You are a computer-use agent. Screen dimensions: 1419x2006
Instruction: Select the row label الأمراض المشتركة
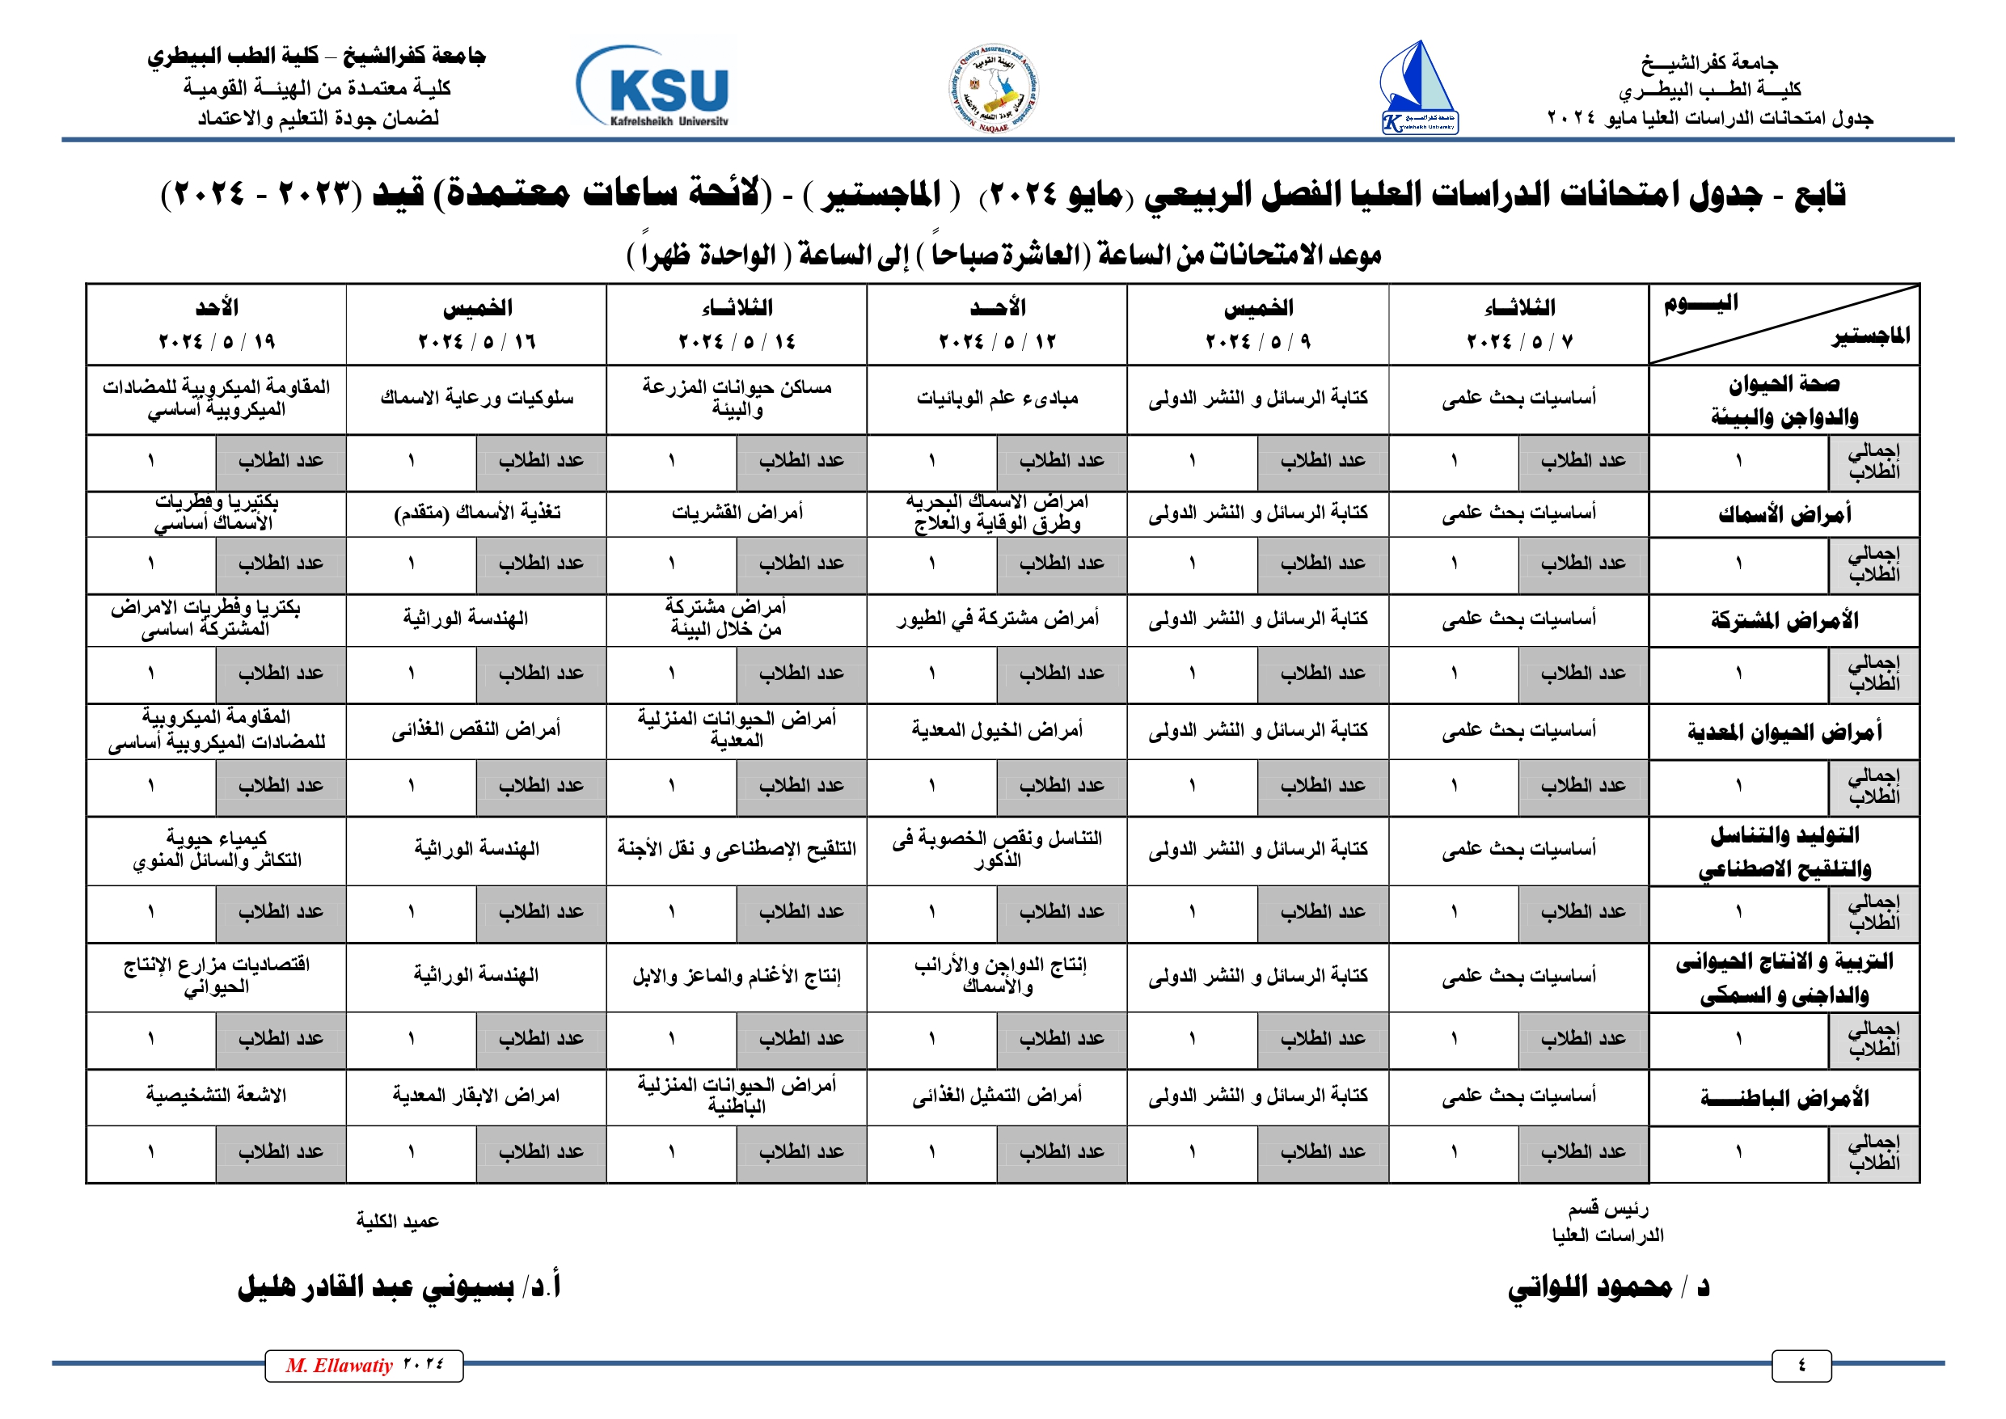[x=1784, y=620]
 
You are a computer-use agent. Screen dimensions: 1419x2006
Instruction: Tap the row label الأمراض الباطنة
[x=1784, y=1097]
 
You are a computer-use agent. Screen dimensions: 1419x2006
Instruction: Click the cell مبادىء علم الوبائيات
[x=997, y=399]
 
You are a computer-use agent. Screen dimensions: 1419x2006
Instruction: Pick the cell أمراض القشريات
[x=737, y=513]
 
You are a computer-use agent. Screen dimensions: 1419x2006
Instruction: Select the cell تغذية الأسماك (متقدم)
[x=477, y=513]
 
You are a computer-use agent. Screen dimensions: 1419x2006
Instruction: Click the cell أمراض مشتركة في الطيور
[x=997, y=619]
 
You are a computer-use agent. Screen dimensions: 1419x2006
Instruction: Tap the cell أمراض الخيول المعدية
[x=997, y=729]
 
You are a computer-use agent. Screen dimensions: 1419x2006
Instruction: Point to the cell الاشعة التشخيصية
[x=217, y=1096]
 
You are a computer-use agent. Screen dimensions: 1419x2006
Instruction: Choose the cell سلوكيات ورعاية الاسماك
[x=477, y=399]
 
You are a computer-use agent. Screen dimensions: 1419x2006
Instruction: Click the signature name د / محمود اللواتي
[x=1607, y=1287]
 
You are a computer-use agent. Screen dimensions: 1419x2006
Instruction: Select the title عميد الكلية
[x=398, y=1222]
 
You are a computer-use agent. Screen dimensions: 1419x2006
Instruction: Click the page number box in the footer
[x=1801, y=1366]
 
